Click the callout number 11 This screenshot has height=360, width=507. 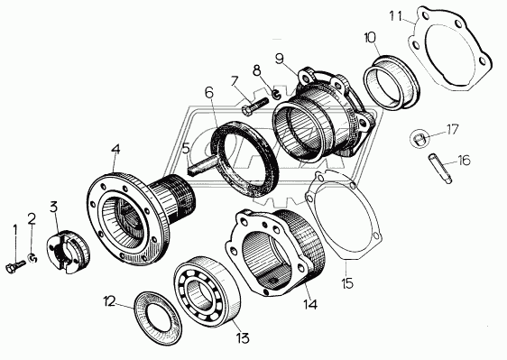[395, 15]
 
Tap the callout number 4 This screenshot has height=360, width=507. [115, 149]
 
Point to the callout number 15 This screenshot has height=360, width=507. [347, 283]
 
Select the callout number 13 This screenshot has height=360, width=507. [244, 338]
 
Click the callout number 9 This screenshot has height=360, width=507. [280, 59]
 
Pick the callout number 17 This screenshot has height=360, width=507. [452, 129]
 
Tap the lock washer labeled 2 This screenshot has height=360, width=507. [32, 258]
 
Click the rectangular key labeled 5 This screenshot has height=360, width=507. [200, 164]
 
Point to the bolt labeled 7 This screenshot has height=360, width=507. [254, 105]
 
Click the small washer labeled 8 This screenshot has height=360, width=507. [276, 95]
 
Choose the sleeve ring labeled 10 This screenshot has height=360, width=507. [391, 81]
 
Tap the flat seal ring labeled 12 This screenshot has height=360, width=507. [158, 314]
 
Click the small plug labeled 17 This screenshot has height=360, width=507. [419, 138]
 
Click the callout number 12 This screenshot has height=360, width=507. [109, 302]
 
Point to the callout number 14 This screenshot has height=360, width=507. [310, 304]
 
